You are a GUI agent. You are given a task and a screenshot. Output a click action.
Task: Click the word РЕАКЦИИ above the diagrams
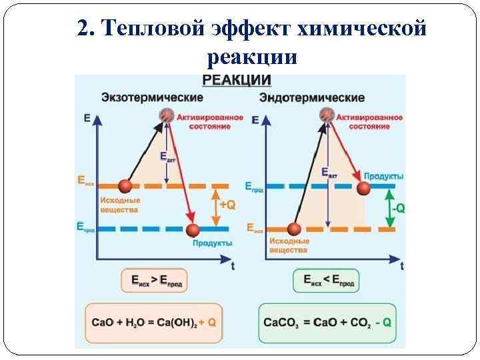(237, 81)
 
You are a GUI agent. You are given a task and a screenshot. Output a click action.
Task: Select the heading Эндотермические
(311, 98)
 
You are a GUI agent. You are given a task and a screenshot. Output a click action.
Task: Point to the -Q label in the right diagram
(397, 208)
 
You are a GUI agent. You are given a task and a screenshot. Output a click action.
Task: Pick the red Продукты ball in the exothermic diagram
(193, 231)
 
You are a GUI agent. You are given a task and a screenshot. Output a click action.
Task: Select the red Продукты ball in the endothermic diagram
(363, 188)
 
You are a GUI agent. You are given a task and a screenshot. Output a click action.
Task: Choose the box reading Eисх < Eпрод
(326, 281)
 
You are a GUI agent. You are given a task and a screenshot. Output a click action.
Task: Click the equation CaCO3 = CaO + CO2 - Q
(326, 322)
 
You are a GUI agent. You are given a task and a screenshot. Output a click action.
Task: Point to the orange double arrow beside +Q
(214, 206)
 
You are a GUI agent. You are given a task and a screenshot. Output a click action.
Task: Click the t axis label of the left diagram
(232, 266)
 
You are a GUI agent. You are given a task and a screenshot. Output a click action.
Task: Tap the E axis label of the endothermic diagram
(256, 120)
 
